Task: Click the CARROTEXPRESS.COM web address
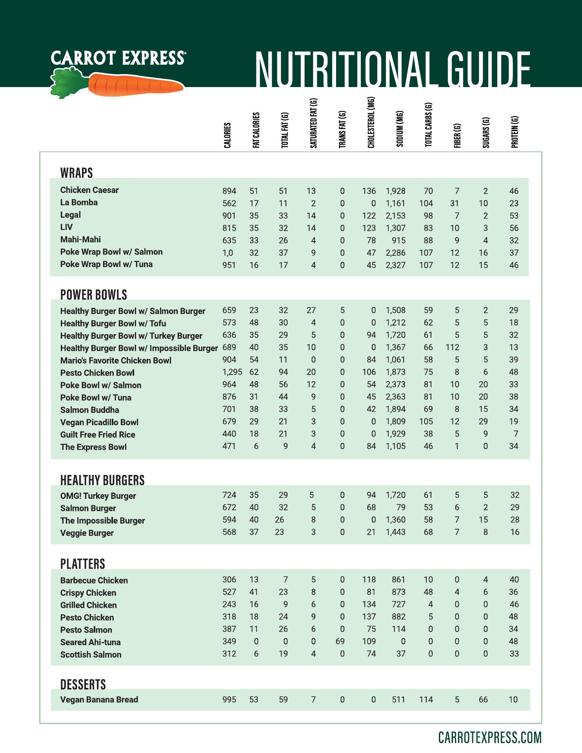point(489,737)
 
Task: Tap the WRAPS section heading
point(76,173)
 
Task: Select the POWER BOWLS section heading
point(94,295)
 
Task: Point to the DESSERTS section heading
point(83,684)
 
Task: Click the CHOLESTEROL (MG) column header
point(371,123)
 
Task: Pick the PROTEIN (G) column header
point(515,132)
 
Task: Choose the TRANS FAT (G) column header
point(342,129)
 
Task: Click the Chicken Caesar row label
point(89,190)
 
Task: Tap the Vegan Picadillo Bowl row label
point(99,422)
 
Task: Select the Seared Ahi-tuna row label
point(90,642)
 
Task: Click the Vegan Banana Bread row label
point(99,700)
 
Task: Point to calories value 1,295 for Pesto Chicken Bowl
point(232,372)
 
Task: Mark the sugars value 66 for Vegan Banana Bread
point(483,700)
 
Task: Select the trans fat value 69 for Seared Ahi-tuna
point(340,642)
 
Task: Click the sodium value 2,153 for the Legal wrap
point(395,216)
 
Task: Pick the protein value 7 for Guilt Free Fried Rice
point(516,434)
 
